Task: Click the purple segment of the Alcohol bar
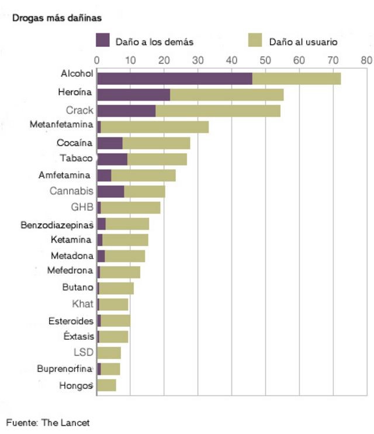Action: coord(174,78)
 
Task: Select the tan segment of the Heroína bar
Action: coord(226,95)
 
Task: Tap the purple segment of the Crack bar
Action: coord(126,111)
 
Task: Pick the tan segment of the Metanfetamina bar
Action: coord(154,127)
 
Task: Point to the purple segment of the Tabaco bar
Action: coord(112,159)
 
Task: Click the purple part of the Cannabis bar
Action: coord(110,191)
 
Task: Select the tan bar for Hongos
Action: coord(106,385)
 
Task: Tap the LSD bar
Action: coord(109,353)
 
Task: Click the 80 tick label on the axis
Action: coord(366,60)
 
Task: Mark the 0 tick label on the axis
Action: coord(97,60)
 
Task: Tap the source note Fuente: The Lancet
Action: coord(48,422)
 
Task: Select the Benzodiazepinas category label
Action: coord(57,224)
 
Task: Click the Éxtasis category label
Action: coord(78,336)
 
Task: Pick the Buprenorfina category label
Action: coord(64,368)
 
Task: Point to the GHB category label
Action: coord(82,208)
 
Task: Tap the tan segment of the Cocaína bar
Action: coord(156,143)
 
